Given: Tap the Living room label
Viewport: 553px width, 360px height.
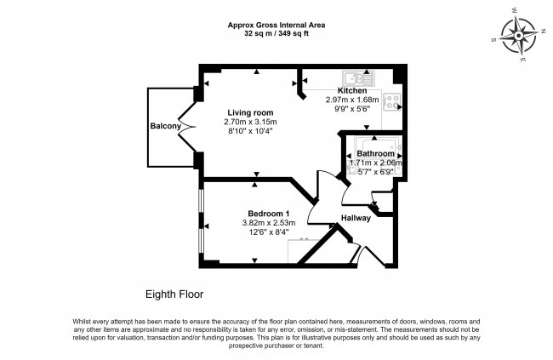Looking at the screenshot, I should tap(249, 112).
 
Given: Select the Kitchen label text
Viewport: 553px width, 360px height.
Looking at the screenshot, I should tap(352, 90).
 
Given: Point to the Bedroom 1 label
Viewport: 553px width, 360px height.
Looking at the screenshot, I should tap(269, 214).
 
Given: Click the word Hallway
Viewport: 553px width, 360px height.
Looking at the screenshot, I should tap(356, 219).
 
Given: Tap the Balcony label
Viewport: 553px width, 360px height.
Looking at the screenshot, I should tap(166, 127).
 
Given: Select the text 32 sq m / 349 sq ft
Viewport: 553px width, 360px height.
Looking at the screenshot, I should tap(276, 35).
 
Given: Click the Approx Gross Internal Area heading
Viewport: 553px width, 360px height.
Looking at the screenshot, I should tap(276, 26).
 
